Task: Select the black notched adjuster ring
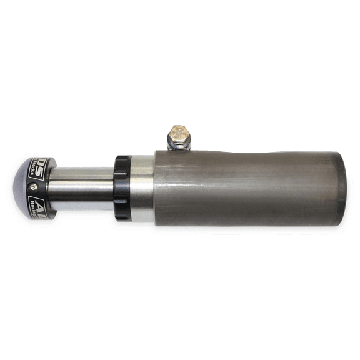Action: (122, 187)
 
